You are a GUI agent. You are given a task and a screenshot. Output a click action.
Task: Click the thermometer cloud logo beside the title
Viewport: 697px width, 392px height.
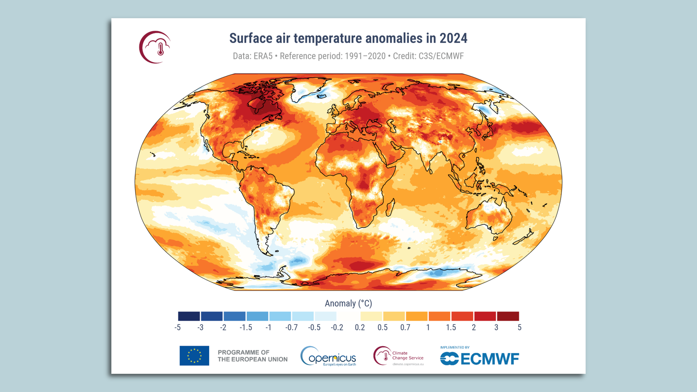[x=155, y=47]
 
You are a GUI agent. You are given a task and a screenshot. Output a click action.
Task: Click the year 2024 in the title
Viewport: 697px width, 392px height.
[x=453, y=38]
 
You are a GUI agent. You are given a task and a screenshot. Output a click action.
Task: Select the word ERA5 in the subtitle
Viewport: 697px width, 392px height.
[x=263, y=56]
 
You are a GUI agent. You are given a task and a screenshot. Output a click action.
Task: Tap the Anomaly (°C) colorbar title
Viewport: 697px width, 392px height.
[x=348, y=304]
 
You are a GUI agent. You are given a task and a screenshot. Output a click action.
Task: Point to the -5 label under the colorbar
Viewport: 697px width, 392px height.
[x=178, y=328]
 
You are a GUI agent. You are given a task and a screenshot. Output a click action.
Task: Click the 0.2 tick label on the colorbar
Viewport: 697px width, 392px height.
[x=360, y=328]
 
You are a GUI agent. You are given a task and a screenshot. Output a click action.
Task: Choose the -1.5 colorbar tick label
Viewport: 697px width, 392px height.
[x=246, y=328]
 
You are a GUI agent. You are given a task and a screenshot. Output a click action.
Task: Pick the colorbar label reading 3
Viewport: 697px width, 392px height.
[x=496, y=328]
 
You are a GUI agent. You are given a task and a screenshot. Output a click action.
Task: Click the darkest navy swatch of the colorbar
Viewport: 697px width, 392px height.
[x=189, y=316]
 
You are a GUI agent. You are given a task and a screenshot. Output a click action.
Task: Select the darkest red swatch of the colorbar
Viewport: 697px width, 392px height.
[x=508, y=316]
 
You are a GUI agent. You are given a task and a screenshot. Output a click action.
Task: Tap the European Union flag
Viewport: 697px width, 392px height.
[x=194, y=356]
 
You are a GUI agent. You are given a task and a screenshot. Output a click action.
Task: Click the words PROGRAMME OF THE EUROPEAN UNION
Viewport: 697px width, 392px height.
[x=252, y=356]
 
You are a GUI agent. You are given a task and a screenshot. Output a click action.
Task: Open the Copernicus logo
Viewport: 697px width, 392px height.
[x=328, y=356]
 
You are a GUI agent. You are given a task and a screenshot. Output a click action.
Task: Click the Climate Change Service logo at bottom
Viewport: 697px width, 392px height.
[x=398, y=356]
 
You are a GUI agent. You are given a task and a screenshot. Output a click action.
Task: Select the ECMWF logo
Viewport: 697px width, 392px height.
[x=479, y=358]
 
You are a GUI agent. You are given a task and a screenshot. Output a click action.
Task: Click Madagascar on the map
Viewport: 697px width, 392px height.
[x=391, y=208]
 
